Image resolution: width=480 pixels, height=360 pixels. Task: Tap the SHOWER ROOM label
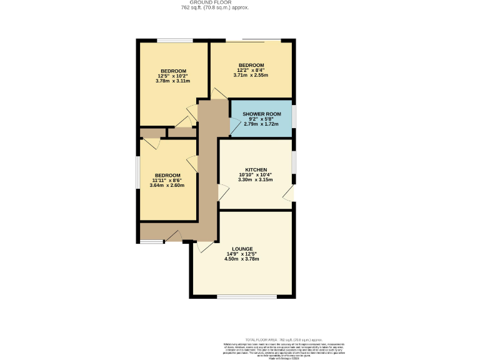point(262,114)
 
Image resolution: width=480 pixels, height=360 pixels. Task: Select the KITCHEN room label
point(256,170)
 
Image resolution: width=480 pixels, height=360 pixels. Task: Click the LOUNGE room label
point(242,249)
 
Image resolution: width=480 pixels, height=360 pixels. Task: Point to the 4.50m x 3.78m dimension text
point(241,259)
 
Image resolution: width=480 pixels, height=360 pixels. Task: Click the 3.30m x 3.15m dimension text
point(256,180)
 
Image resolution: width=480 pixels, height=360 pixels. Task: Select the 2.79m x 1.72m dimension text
point(262,124)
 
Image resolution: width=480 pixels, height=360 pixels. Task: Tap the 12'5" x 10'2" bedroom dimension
point(173,76)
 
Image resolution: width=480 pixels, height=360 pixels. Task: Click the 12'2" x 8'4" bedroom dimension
point(251,71)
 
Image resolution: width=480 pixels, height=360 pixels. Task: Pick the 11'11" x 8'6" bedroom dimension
point(167,180)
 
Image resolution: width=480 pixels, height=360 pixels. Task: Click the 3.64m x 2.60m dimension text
point(167,185)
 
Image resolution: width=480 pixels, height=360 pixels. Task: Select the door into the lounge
point(203,246)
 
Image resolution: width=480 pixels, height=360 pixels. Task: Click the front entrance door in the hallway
point(173,237)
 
